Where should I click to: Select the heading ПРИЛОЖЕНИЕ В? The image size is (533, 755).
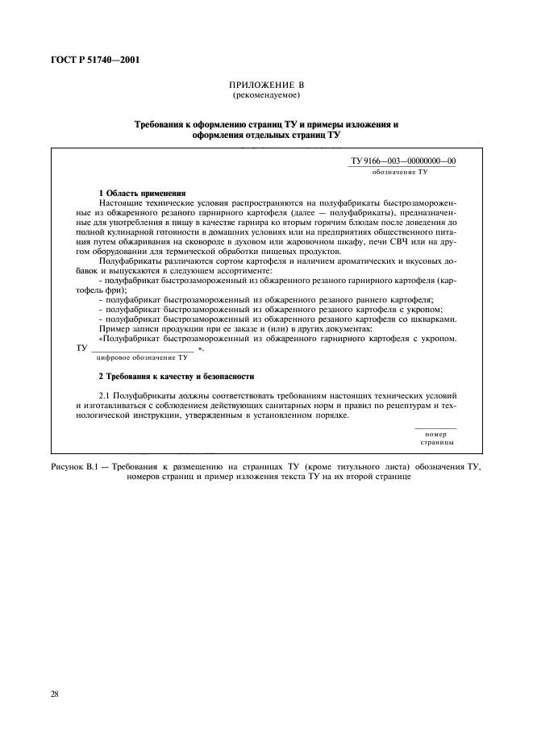pos(266,86)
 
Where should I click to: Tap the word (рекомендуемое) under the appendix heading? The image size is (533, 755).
pos(266,95)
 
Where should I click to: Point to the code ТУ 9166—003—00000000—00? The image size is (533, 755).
pos(402,161)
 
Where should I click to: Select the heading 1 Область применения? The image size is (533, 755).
pos(142,194)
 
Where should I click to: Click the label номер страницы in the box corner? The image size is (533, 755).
pos(435,438)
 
